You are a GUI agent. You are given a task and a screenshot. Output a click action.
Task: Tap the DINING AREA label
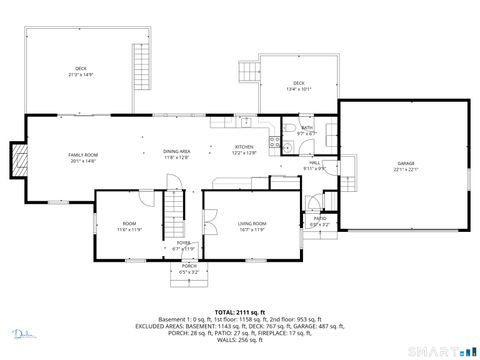[177, 152]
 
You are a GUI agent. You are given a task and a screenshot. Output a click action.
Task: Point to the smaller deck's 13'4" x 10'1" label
[298, 85]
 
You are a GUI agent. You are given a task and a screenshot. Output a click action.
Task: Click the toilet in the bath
[287, 147]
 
